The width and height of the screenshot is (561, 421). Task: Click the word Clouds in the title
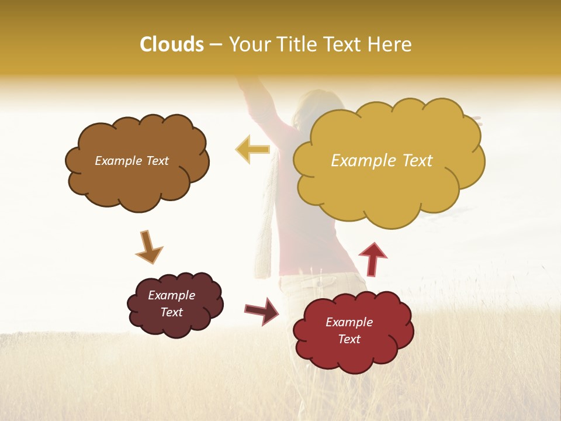pyautogui.click(x=171, y=44)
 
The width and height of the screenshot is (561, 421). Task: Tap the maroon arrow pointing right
pyautogui.click(x=261, y=310)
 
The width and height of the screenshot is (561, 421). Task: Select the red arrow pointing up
pyautogui.click(x=372, y=258)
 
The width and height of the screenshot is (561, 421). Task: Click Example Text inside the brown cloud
pyautogui.click(x=131, y=161)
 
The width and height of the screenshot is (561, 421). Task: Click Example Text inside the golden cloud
pyautogui.click(x=382, y=161)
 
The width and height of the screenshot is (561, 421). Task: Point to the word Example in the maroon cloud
pyautogui.click(x=171, y=295)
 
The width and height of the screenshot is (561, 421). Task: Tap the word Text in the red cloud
pyautogui.click(x=349, y=339)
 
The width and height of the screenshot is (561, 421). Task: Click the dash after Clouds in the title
pyautogui.click(x=216, y=44)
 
